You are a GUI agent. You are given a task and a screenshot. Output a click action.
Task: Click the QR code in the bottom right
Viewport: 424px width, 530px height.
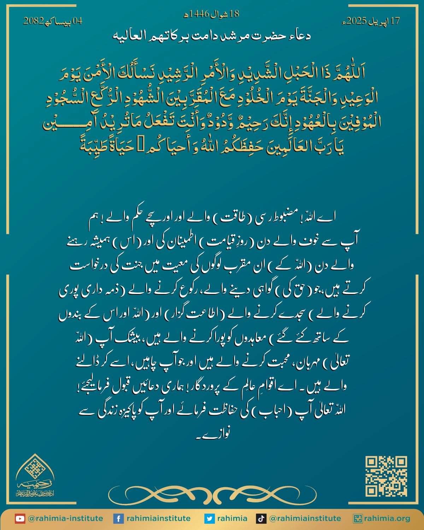tap(386, 476)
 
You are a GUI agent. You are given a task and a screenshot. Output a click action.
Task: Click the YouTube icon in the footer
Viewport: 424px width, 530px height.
tap(20, 519)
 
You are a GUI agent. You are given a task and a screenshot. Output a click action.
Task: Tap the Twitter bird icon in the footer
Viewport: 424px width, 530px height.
tap(210, 519)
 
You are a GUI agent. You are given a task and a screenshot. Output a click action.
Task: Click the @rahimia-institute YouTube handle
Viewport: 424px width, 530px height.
tap(65, 519)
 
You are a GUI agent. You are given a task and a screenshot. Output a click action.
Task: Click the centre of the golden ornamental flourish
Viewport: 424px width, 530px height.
tap(212, 492)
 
